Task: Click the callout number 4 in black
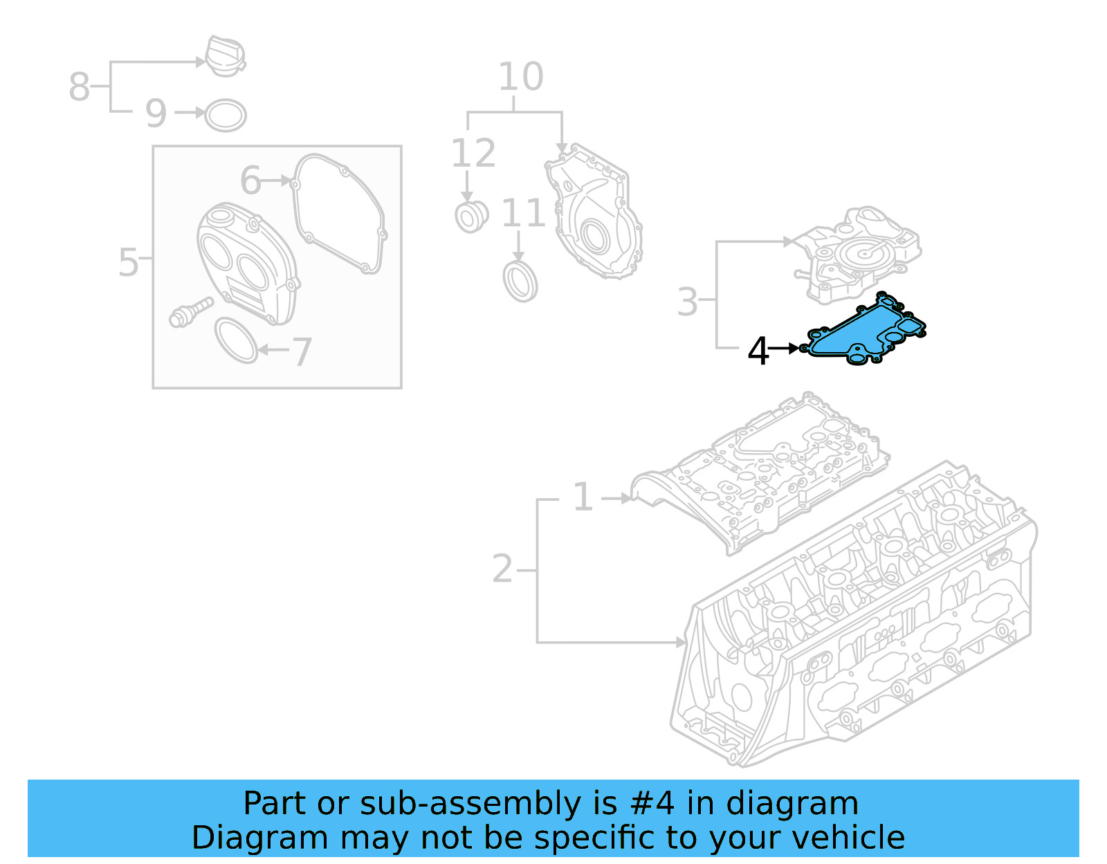758,351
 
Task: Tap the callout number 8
79,87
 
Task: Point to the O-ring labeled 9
226,116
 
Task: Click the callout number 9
156,113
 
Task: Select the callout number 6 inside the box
250,181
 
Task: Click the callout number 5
129,263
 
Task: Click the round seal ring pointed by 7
236,340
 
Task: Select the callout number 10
520,77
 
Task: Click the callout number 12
473,154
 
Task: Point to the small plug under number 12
471,217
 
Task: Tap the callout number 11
523,214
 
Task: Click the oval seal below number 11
520,281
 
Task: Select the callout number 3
687,302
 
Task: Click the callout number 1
583,497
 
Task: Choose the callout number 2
502,569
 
